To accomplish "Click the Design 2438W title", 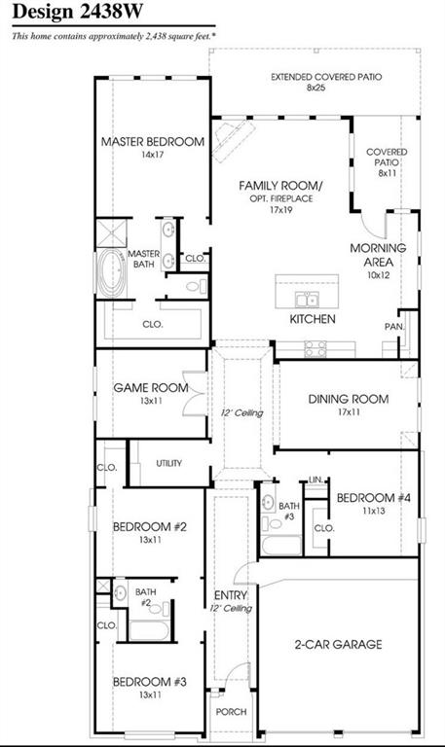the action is [x=77, y=12].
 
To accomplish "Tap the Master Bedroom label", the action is [x=153, y=141].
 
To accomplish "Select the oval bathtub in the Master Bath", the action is [x=112, y=272].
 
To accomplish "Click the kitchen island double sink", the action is [x=308, y=300].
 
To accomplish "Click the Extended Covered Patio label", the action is [x=326, y=77].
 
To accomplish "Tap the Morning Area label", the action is [x=378, y=255].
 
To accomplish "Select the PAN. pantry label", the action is [x=394, y=327].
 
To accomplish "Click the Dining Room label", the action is [x=349, y=399].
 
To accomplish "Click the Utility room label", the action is [x=168, y=463].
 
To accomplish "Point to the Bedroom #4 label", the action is [x=374, y=498].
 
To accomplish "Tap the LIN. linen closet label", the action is [x=315, y=480].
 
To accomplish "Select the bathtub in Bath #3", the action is [x=281, y=546].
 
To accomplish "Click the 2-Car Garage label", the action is [x=338, y=645].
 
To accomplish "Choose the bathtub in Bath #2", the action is [x=148, y=630].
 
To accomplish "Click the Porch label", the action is [x=232, y=712].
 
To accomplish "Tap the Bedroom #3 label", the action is [x=150, y=682].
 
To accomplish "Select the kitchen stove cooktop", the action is [x=315, y=349].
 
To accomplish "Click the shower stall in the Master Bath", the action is [x=112, y=233].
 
